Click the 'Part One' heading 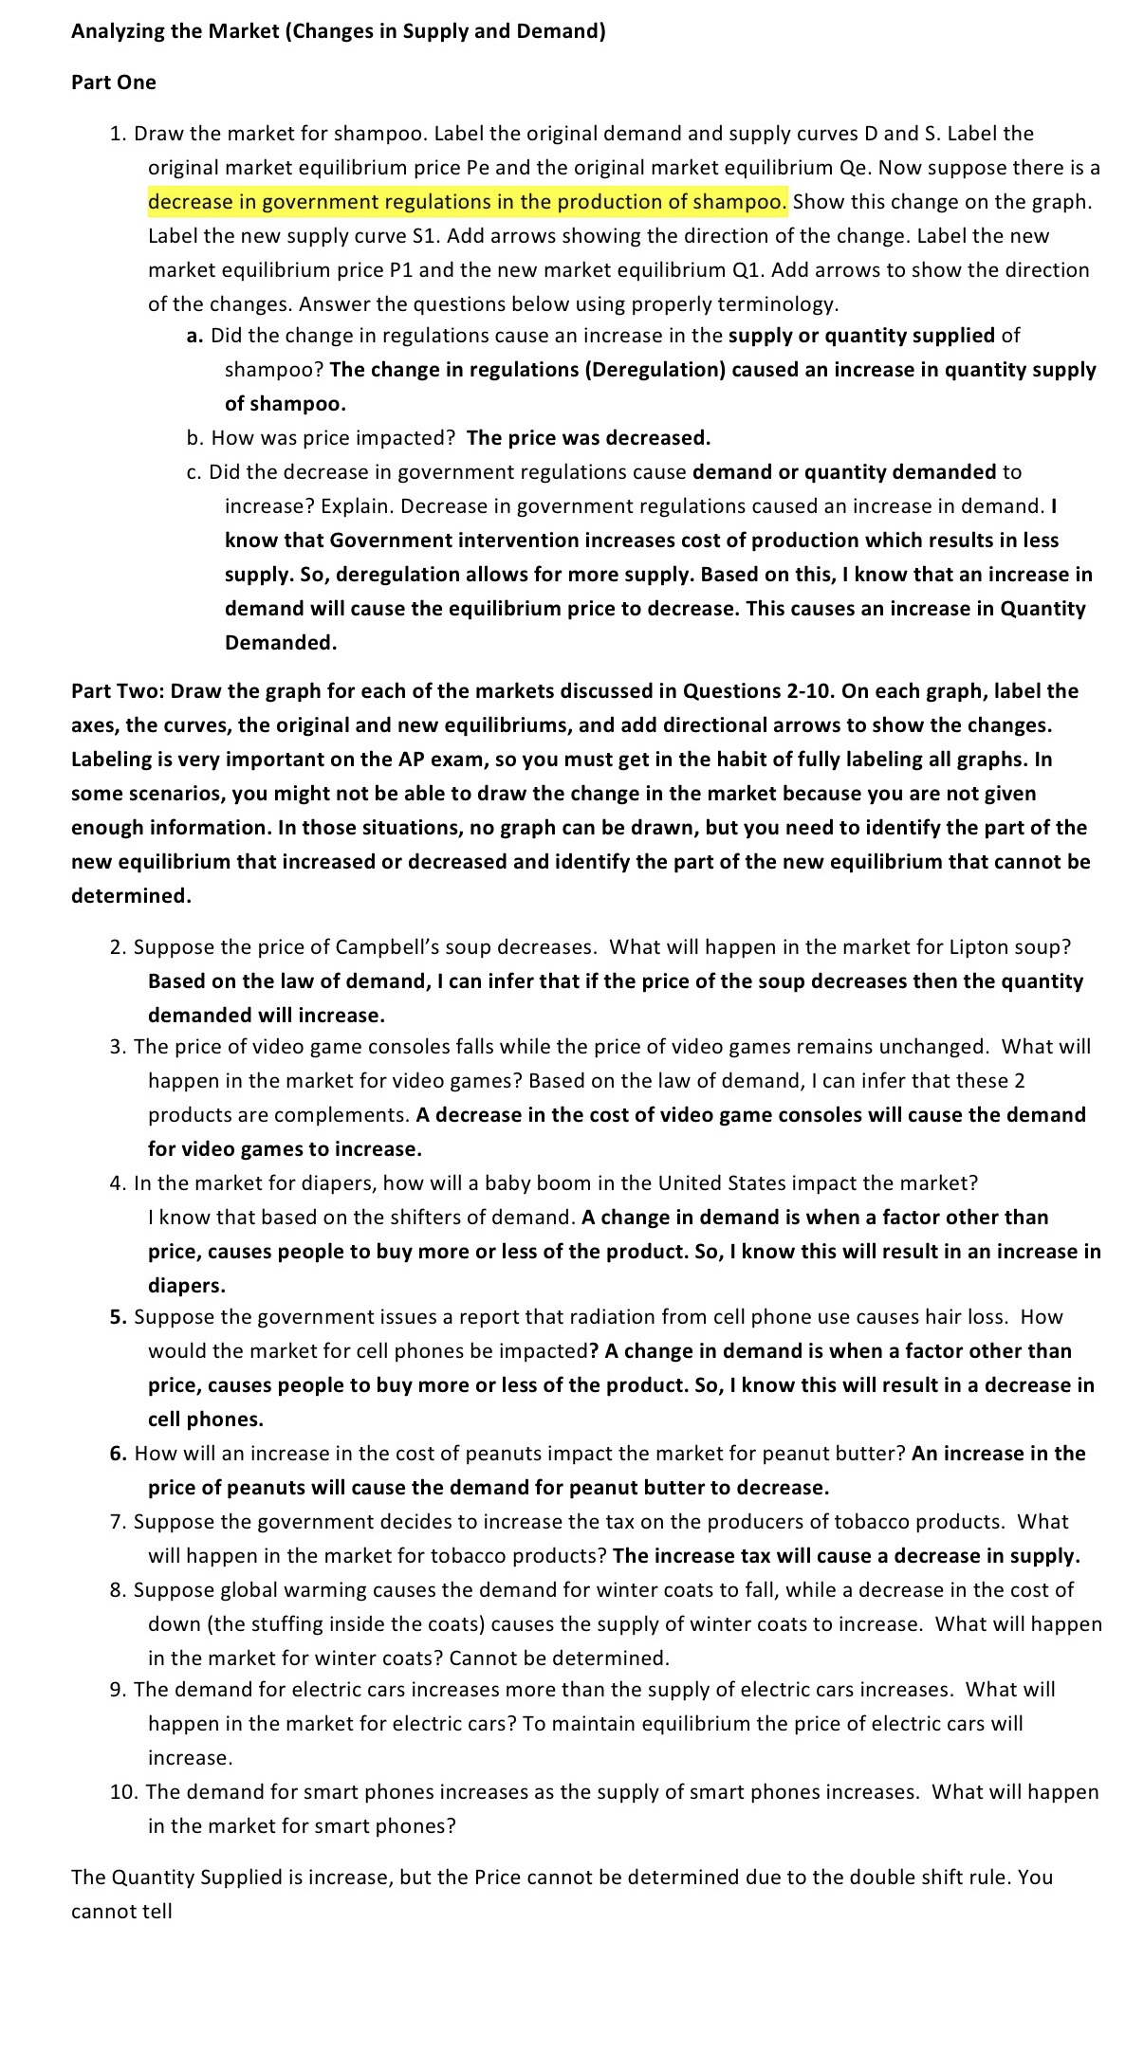tap(113, 82)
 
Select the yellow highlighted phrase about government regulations tap(467, 202)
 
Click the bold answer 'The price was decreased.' tap(588, 438)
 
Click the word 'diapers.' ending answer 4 tap(186, 1286)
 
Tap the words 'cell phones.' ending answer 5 tap(205, 1420)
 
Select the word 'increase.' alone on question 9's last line tap(190, 1758)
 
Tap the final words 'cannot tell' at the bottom tap(121, 1912)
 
